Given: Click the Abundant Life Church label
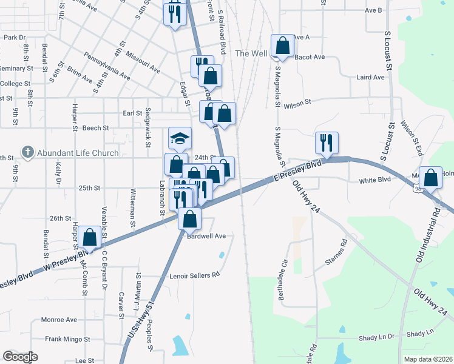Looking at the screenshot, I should pyautogui.click(x=77, y=152).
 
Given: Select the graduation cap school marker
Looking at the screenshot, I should pyautogui.click(x=180, y=139).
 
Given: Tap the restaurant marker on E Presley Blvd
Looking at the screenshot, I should pyautogui.click(x=327, y=143).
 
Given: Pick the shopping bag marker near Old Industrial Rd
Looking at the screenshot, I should pyautogui.click(x=430, y=178).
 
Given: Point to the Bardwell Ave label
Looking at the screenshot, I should pyautogui.click(x=206, y=236).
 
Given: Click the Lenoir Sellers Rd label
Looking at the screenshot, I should pyautogui.click(x=194, y=275).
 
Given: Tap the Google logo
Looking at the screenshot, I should pyautogui.click(x=20, y=357).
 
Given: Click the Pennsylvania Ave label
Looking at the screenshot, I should pyautogui.click(x=107, y=69).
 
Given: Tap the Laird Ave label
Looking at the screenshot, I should pyautogui.click(x=370, y=78).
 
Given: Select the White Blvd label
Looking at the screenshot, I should pyautogui.click(x=374, y=181).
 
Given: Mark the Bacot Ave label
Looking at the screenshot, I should pyautogui.click(x=310, y=57).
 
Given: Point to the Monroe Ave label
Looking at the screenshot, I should pyautogui.click(x=59, y=320).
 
